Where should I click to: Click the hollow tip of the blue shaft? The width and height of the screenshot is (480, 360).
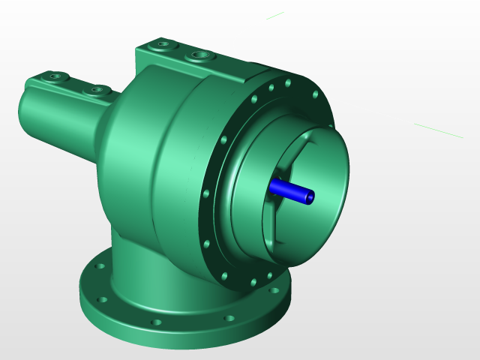[309, 197]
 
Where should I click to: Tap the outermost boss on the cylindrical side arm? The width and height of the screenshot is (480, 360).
[54, 76]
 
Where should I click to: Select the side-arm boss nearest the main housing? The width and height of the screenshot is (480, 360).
[96, 90]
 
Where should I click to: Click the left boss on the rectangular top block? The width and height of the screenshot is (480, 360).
[161, 46]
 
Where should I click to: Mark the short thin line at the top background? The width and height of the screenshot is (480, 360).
[274, 16]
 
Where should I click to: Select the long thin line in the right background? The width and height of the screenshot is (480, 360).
[438, 130]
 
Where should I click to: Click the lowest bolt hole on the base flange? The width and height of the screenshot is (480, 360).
[156, 322]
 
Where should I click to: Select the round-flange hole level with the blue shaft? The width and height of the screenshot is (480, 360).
[205, 193]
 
